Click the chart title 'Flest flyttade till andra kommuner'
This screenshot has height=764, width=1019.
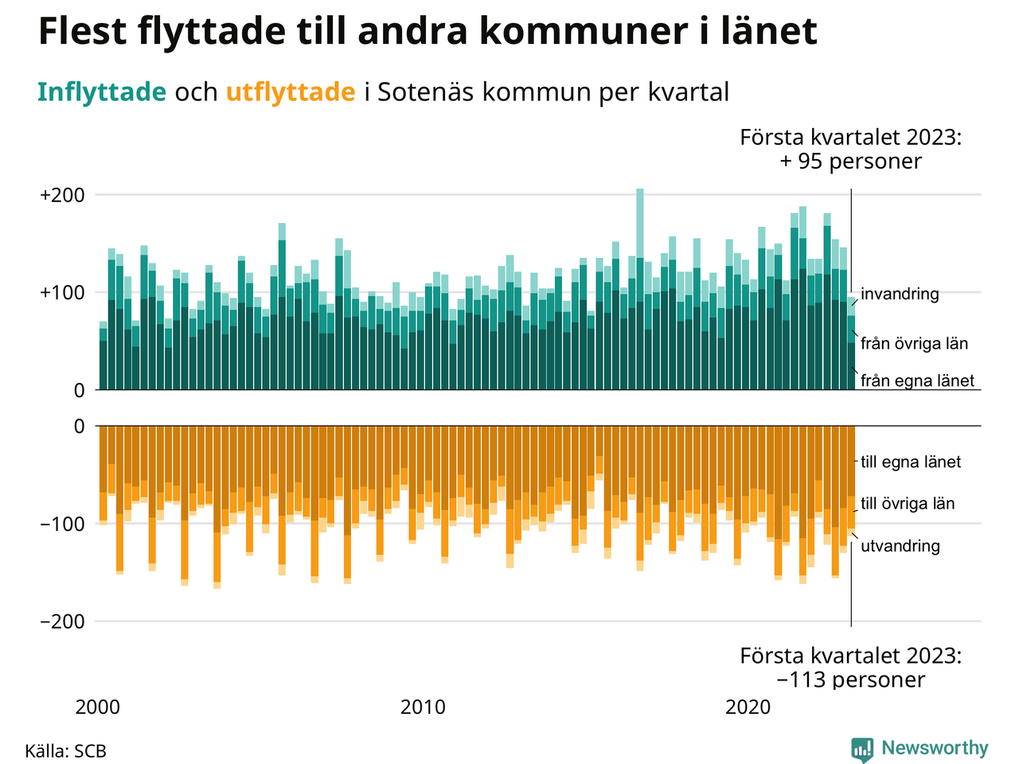(x=428, y=32)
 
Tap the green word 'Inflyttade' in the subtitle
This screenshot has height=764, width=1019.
(x=101, y=92)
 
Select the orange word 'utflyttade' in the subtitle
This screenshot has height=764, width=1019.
(x=291, y=92)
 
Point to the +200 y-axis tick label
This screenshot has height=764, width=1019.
(x=62, y=195)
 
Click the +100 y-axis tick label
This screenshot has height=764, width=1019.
(x=62, y=293)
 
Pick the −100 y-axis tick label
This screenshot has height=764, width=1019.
(x=62, y=524)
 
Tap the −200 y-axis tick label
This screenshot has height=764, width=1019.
(x=62, y=622)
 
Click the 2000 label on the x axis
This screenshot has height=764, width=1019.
(x=98, y=707)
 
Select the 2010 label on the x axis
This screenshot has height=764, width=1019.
(x=424, y=707)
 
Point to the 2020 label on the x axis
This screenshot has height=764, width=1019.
(x=749, y=707)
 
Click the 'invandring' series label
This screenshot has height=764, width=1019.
(x=900, y=294)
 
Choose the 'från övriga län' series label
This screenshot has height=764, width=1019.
(x=914, y=344)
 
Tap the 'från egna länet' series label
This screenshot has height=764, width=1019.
(x=917, y=381)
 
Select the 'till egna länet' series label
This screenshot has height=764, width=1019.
(x=911, y=462)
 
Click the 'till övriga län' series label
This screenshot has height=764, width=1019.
(x=908, y=504)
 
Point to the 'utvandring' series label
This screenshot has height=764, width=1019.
(x=900, y=547)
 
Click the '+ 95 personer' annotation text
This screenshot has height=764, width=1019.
(x=850, y=162)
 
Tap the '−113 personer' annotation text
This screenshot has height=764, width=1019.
(x=850, y=680)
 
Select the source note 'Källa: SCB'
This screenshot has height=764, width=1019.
(x=65, y=751)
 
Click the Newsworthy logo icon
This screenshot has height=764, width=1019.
(x=861, y=749)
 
